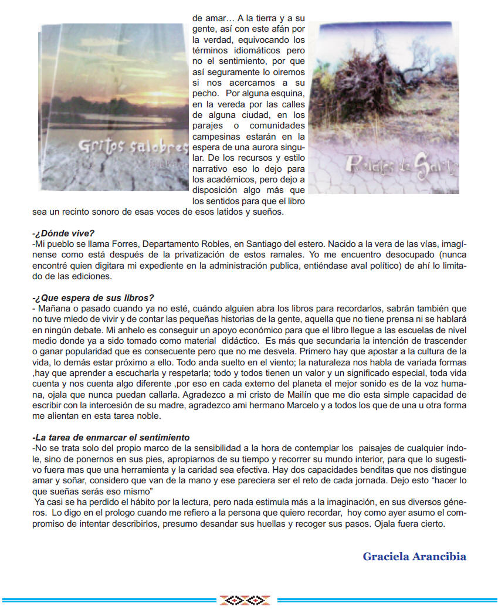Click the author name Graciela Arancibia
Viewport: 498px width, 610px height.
pyautogui.click(x=414, y=557)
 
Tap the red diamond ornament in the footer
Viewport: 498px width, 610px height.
pyautogui.click(x=244, y=599)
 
